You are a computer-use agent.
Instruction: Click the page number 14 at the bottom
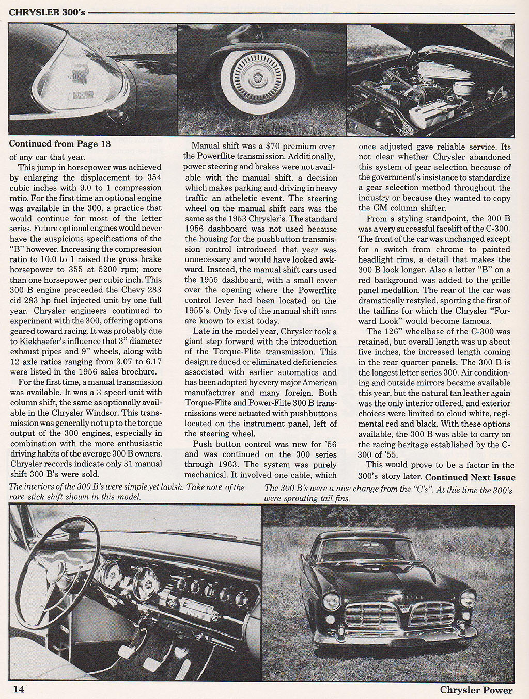pyautogui.click(x=17, y=689)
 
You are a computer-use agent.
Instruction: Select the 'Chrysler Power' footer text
pyautogui.click(x=476, y=690)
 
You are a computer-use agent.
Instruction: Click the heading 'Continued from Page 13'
pyautogui.click(x=60, y=144)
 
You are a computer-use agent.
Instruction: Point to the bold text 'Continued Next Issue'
pyautogui.click(x=470, y=477)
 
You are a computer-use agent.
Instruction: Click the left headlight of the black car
pyautogui.click(x=331, y=600)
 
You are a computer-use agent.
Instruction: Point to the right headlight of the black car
pyautogui.click(x=468, y=598)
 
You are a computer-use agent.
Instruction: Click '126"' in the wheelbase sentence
pyautogui.click(x=393, y=331)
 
